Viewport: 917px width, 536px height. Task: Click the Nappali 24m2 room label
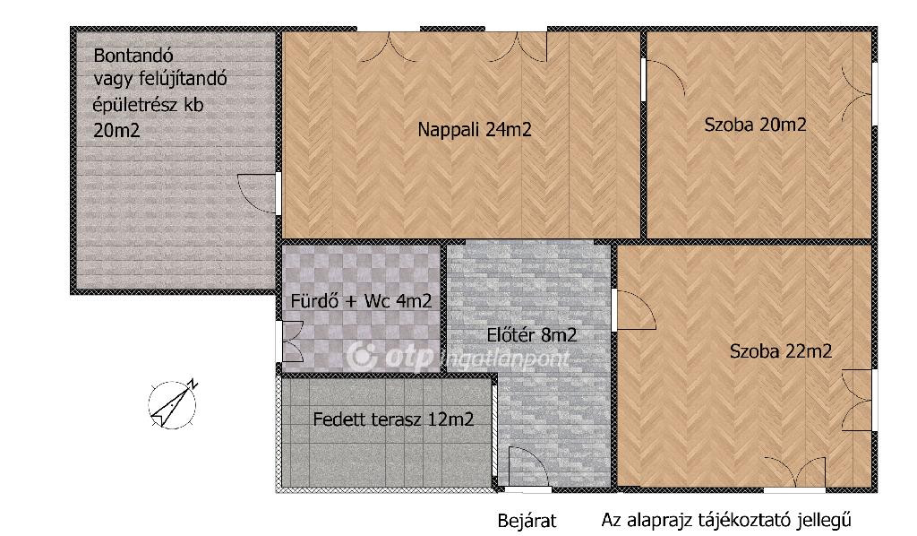tap(475, 129)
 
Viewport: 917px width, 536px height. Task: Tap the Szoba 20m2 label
tap(755, 125)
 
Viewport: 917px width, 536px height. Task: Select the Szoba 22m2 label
tap(781, 351)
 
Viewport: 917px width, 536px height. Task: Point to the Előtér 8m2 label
tap(532, 334)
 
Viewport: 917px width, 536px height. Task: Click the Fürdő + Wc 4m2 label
tap(362, 301)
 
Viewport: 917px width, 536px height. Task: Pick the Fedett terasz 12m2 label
tap(393, 419)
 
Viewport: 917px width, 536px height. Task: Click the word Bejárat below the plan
tap(527, 520)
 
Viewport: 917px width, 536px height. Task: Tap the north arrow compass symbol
tap(173, 404)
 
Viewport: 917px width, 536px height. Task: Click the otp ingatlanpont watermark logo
tap(458, 357)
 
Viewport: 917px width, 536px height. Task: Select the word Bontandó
tap(133, 56)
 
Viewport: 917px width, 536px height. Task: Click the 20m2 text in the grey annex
tap(116, 131)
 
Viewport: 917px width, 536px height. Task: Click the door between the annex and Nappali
tap(257, 193)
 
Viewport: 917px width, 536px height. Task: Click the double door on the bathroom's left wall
tap(293, 342)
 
